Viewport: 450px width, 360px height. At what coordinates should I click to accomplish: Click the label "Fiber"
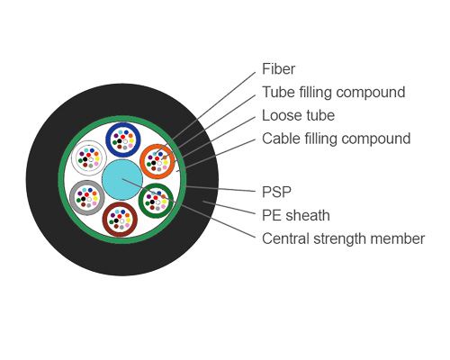(x=278, y=69)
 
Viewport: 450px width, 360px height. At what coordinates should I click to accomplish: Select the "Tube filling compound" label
(x=333, y=93)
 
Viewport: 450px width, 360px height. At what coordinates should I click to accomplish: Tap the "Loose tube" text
(x=298, y=116)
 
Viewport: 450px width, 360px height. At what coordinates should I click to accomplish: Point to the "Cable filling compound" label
(x=336, y=139)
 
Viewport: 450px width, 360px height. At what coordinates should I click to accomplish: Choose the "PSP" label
(x=276, y=192)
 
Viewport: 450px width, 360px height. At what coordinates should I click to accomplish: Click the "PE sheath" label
(x=295, y=215)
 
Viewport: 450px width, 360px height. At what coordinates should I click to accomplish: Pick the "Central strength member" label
(x=343, y=238)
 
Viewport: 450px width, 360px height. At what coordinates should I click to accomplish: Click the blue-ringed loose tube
(x=122, y=139)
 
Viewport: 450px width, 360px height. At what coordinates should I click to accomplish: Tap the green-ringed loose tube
(x=156, y=198)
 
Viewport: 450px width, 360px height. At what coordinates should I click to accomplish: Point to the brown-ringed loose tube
(x=119, y=219)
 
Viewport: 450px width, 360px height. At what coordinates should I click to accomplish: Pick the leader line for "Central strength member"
(x=216, y=221)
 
